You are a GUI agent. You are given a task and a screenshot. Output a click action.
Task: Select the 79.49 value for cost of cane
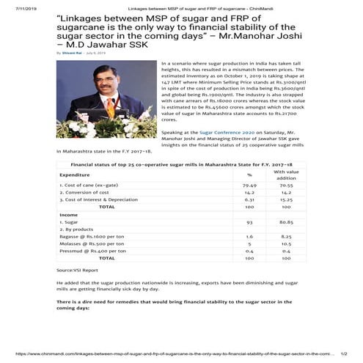(x=250, y=186)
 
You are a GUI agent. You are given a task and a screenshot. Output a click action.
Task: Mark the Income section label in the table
(x=69, y=214)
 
